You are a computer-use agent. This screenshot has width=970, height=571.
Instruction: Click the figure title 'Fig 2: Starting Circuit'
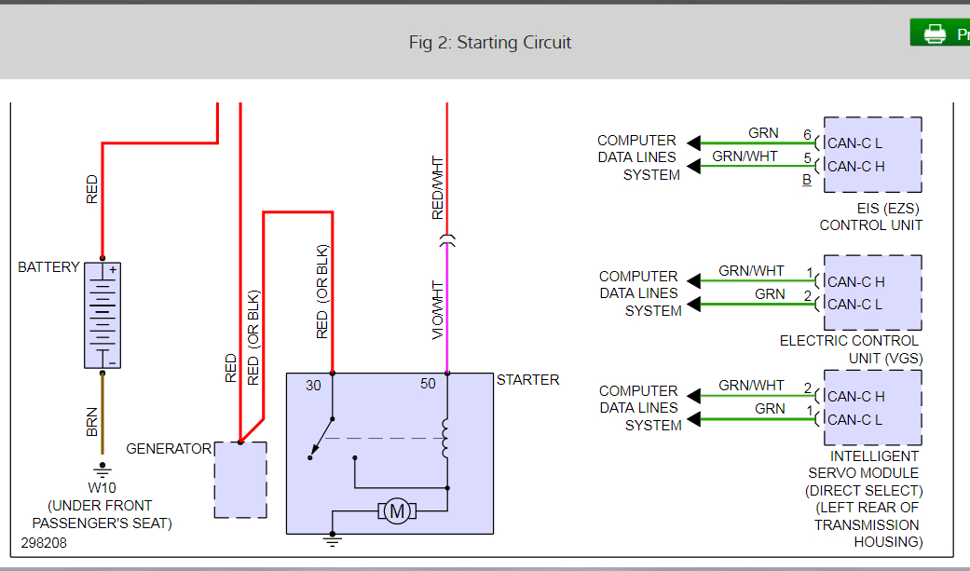(489, 42)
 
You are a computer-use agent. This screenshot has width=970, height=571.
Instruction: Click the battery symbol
(102, 315)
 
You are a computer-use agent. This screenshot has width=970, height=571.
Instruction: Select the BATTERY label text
(48, 267)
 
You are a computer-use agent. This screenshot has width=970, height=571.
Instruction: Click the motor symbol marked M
(397, 510)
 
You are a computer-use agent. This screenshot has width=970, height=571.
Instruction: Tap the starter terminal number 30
(313, 385)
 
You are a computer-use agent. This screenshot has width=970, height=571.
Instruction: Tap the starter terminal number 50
(428, 385)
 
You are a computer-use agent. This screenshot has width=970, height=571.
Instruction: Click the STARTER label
(527, 380)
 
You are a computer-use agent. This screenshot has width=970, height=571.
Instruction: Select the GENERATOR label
(169, 449)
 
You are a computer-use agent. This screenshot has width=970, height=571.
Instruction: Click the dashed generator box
(240, 480)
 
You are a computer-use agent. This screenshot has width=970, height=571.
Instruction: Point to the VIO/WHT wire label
(438, 309)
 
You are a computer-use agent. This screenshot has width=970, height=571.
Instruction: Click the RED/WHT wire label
(438, 188)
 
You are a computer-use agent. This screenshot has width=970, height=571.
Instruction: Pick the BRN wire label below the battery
(92, 422)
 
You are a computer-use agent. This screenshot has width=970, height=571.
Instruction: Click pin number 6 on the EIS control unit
(808, 134)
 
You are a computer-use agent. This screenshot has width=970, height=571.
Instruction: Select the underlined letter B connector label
(806, 181)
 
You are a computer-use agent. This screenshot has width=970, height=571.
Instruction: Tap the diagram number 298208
(44, 542)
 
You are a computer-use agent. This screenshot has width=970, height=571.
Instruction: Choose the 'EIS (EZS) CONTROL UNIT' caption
(871, 217)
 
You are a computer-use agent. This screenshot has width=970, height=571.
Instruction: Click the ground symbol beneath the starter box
(332, 539)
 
